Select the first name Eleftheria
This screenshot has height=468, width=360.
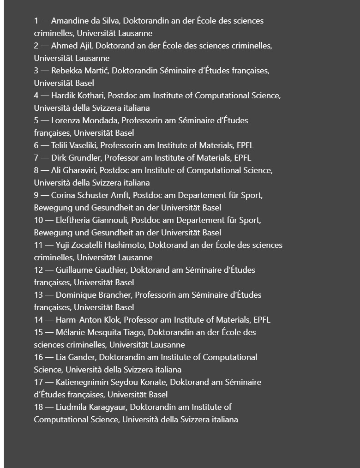(x=76, y=220)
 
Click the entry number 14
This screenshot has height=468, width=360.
(x=38, y=320)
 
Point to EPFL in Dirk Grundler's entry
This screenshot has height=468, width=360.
(x=243, y=158)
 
